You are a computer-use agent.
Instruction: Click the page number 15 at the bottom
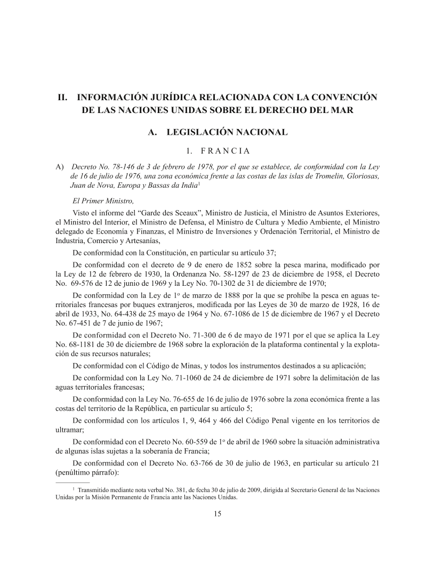217,514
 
